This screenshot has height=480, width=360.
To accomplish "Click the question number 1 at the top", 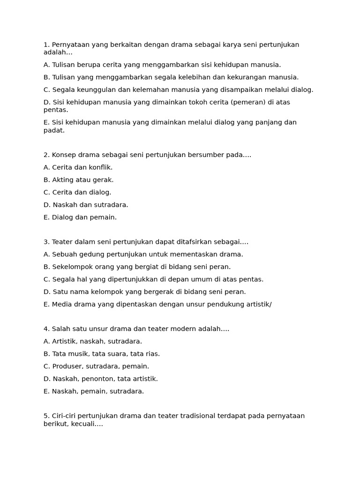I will pos(46,45).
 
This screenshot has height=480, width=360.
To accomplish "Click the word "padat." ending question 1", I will pos(54,130).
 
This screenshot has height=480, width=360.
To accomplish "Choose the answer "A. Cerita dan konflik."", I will pos(78,167).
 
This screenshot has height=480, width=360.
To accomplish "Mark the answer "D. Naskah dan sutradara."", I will pos(86,205).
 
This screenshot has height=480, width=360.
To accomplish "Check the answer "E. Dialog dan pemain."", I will pos(80,217).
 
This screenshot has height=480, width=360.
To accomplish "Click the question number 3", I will pos(46,242).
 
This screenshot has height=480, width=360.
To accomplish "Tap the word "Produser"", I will pos(67,366).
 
